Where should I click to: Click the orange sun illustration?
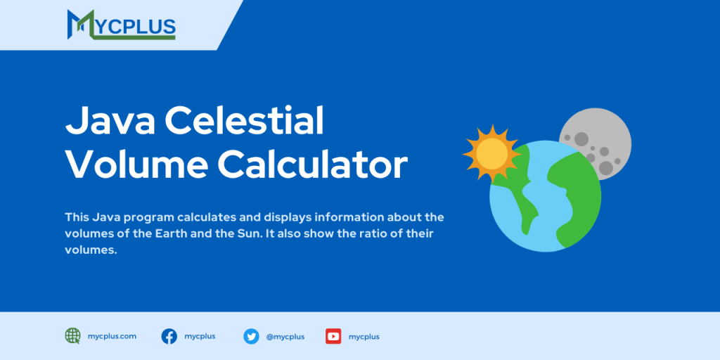(x=491, y=152)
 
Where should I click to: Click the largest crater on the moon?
(x=605, y=167)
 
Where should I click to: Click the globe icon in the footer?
(x=73, y=336)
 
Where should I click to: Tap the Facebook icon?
(x=169, y=336)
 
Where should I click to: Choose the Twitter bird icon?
(x=251, y=336)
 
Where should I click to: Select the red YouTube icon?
(x=333, y=336)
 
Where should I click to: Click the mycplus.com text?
(x=112, y=336)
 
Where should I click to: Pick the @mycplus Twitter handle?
(x=285, y=337)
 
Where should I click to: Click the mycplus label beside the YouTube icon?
(x=364, y=337)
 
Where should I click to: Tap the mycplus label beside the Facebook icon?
(x=200, y=336)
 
